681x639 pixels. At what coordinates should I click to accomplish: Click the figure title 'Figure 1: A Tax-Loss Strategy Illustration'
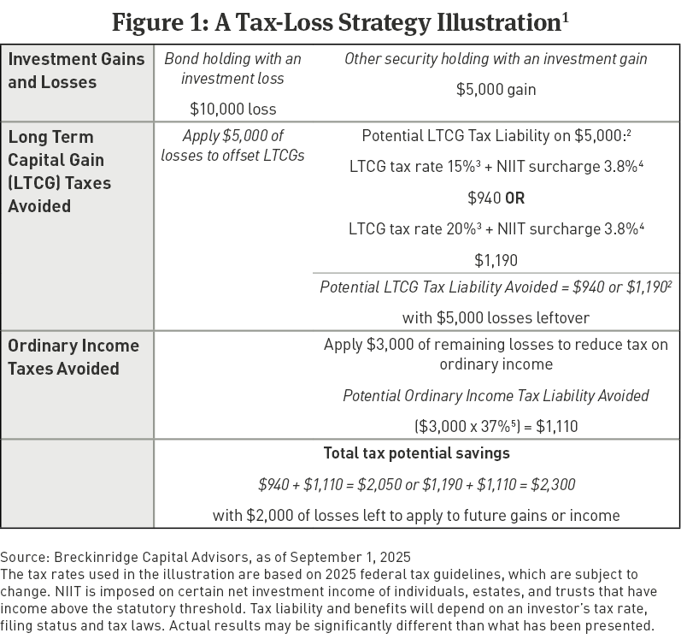340,21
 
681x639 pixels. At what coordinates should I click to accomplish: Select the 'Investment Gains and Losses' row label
64,70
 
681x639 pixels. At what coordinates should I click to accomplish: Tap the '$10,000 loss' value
232,109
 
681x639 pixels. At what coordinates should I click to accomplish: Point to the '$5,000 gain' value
496,87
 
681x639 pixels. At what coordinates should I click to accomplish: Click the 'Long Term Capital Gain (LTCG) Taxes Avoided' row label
60,171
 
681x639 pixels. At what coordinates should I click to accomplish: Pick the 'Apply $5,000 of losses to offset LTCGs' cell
232,145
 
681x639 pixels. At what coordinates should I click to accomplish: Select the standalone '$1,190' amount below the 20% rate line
496,260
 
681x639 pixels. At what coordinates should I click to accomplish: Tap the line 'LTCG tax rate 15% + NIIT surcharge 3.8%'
496,168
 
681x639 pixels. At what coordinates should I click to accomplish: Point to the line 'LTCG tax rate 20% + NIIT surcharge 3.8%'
496,229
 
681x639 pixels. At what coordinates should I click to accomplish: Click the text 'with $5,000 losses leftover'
496,317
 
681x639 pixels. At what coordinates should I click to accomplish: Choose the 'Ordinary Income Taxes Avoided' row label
73,357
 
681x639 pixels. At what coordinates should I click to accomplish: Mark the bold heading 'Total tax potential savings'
415,453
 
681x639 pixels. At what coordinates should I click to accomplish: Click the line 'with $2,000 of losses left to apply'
415,515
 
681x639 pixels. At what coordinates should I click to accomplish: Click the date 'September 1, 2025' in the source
358,558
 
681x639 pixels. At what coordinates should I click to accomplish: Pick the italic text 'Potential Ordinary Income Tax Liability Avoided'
496,395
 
